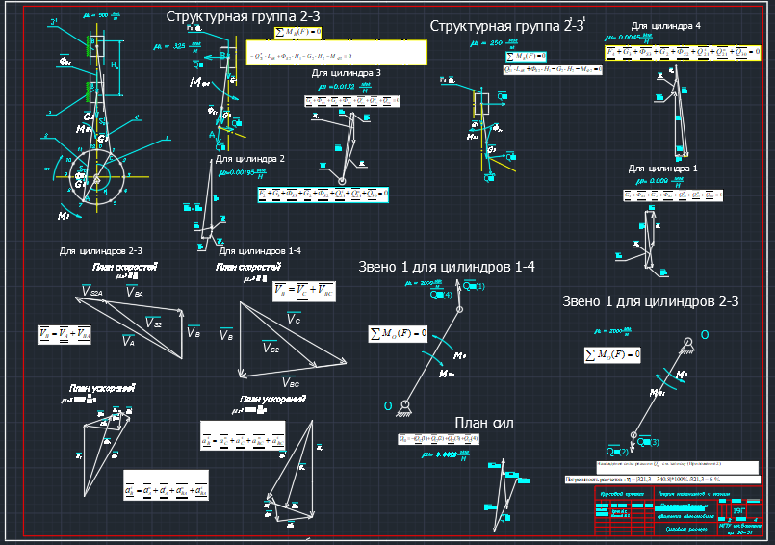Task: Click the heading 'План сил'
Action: click(x=485, y=423)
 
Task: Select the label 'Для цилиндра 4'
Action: click(x=665, y=26)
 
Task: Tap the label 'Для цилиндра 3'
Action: click(x=347, y=72)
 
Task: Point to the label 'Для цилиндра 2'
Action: click(x=249, y=158)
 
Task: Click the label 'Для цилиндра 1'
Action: click(x=662, y=168)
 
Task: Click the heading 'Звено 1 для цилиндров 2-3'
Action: click(x=650, y=301)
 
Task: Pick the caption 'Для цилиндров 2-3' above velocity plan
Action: click(x=94, y=251)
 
